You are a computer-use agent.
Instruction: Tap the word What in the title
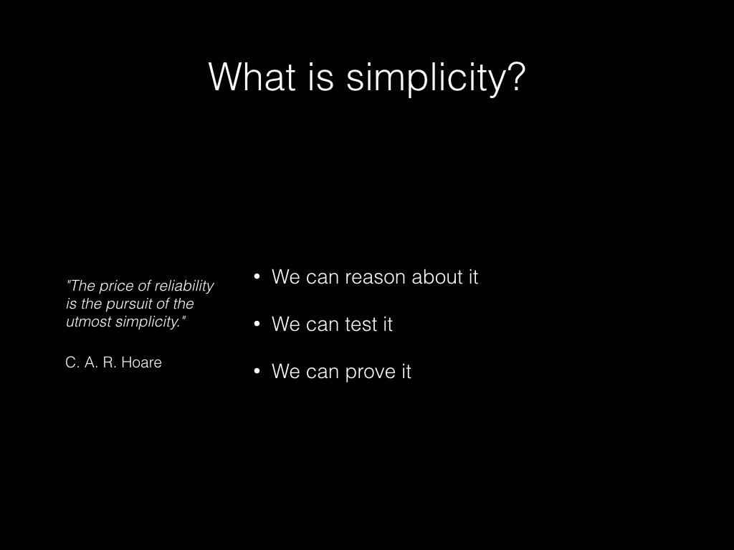point(252,77)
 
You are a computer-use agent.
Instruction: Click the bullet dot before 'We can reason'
point(257,276)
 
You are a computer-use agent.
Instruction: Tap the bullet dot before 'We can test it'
point(257,324)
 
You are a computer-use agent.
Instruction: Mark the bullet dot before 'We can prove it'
point(257,371)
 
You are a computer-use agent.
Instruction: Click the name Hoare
point(141,362)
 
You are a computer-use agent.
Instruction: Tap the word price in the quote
point(116,286)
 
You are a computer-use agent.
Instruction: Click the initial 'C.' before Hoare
point(72,362)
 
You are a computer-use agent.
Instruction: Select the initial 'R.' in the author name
point(110,362)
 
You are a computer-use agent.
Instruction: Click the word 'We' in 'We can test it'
point(285,324)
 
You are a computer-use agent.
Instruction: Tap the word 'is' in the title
point(320,77)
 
